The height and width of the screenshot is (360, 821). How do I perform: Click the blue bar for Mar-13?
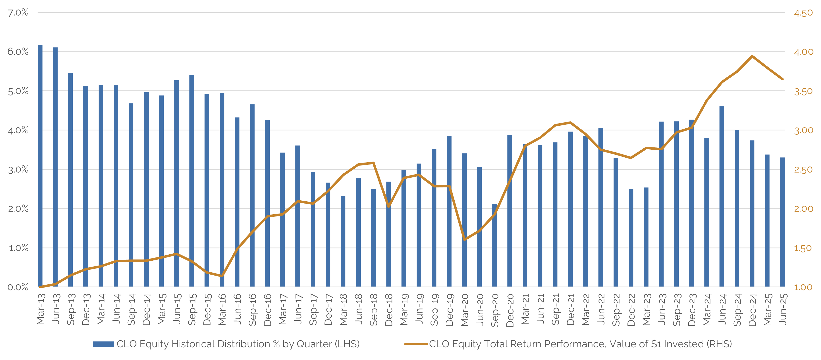tap(40, 166)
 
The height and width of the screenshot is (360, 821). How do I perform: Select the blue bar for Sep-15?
tap(192, 181)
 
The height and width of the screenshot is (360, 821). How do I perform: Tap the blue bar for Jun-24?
tap(722, 196)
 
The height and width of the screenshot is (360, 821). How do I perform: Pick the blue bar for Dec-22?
tap(631, 238)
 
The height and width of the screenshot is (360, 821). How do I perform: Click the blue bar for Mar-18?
tap(343, 241)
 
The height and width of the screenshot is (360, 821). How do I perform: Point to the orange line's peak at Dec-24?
tap(752, 56)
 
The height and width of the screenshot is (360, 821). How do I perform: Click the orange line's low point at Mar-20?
tap(464, 240)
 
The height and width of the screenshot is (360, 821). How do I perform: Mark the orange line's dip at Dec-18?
tap(389, 207)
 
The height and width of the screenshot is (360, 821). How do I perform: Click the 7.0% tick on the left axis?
tap(18, 13)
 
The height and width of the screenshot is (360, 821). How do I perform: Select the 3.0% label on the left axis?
tap(18, 170)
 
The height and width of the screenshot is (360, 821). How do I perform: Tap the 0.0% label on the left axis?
tap(18, 287)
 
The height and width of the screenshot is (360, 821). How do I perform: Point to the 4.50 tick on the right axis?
tap(803, 13)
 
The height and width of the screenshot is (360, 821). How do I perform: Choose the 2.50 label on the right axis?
tap(803, 170)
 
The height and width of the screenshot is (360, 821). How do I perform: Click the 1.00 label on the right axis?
tap(803, 287)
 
